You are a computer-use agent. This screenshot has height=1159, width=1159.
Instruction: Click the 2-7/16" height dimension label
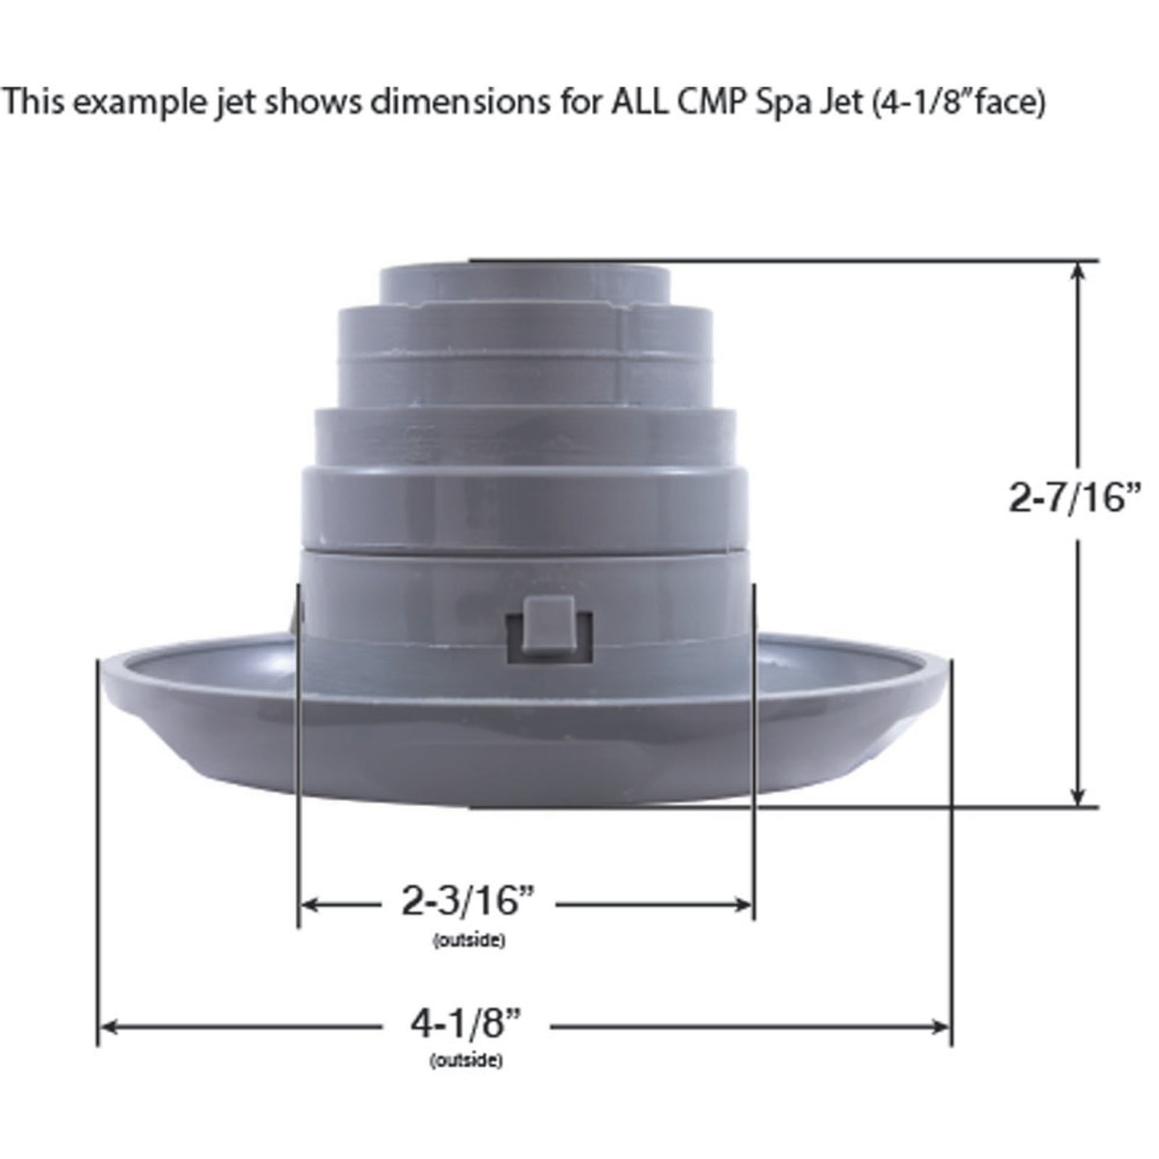pyautogui.click(x=1073, y=499)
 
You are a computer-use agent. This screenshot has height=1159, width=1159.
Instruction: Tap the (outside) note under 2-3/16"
pyautogui.click(x=468, y=940)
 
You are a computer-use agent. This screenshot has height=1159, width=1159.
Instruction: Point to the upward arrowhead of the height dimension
pyautogui.click(x=1080, y=271)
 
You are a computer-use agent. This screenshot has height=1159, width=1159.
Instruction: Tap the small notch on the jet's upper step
pyautogui.click(x=626, y=306)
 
